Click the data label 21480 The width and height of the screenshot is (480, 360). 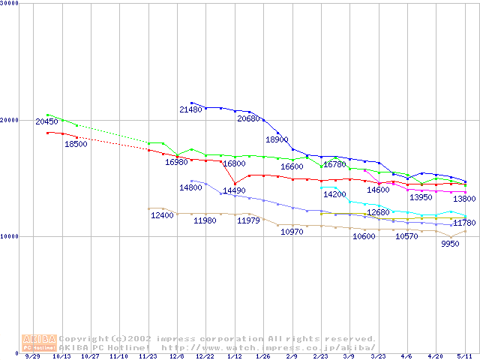tap(190, 110)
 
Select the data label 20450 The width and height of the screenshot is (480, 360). tap(46, 121)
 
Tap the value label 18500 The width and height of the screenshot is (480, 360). tap(76, 144)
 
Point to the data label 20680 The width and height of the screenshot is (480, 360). tap(248, 118)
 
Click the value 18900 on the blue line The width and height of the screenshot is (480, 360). tap(277, 139)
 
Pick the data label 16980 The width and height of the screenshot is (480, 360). tap(176, 162)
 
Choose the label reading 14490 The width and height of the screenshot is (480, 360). tap(234, 190)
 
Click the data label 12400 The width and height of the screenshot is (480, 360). tap(162, 216)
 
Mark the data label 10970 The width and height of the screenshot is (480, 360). tap(292, 232)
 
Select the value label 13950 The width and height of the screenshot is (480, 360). tap(421, 197)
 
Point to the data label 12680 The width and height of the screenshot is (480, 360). tap(378, 213)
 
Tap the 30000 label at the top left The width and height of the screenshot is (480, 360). tap(10, 3)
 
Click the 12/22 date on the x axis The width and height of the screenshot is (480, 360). tap(205, 357)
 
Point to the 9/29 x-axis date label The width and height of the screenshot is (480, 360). tap(33, 357)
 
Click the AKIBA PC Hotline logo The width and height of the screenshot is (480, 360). tap(39, 342)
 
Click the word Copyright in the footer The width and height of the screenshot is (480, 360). tap(85, 338)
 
